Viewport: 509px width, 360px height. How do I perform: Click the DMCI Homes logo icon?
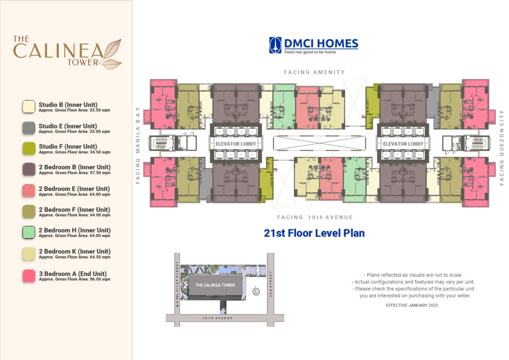(x=275, y=45)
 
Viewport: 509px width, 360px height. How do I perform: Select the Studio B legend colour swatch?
(x=29, y=107)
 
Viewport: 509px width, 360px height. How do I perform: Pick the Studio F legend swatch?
(x=29, y=148)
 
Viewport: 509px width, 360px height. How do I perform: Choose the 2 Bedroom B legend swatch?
(x=29, y=169)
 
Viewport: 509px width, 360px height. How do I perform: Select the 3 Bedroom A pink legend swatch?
(x=29, y=276)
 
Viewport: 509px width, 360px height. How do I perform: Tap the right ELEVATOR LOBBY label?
(x=403, y=144)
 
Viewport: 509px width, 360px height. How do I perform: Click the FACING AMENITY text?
(x=314, y=72)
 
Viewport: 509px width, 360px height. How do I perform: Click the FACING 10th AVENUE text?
(x=315, y=217)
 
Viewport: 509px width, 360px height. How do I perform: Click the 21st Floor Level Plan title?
(x=314, y=233)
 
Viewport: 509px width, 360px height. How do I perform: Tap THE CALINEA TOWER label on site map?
(x=215, y=285)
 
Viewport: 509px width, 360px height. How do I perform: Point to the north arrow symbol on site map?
(x=255, y=291)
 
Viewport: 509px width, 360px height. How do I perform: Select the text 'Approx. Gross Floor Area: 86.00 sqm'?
(x=74, y=279)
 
